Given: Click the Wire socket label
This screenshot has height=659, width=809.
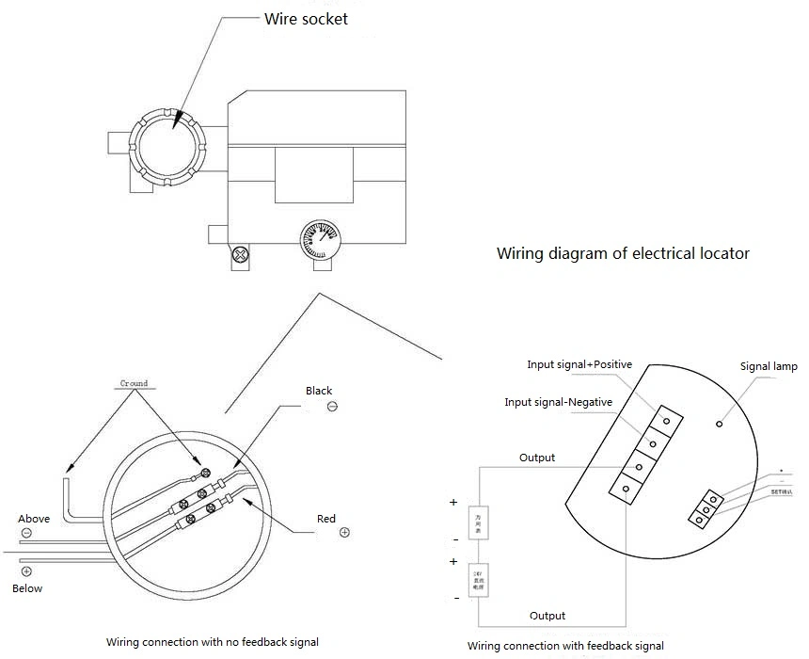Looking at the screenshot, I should (306, 19).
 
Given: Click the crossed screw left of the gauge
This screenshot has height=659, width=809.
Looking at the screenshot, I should (242, 254).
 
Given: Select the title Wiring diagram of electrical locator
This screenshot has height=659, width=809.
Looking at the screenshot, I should (623, 253).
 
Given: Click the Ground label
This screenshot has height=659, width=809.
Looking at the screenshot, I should (135, 383).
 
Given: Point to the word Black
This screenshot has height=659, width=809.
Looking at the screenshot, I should (319, 391).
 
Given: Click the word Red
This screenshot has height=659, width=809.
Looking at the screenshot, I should (326, 519).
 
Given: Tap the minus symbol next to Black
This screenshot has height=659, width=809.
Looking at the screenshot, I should (332, 407).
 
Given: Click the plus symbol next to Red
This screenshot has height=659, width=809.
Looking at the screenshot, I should (344, 533).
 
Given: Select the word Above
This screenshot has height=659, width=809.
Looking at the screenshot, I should (34, 519).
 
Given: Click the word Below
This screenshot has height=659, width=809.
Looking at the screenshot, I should (27, 588).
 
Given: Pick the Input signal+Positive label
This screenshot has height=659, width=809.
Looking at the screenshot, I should (579, 364).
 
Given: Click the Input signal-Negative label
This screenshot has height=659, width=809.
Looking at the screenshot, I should (558, 402).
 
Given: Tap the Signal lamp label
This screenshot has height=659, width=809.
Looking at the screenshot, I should (769, 366).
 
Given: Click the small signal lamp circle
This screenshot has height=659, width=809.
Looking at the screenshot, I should (720, 425).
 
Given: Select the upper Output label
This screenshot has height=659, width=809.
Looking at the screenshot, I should (537, 458).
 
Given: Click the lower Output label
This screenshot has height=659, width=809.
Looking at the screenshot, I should (547, 616).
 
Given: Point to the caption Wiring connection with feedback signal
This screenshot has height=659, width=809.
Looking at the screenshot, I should (565, 646).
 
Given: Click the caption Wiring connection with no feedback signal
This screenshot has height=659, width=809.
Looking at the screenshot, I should (212, 642).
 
